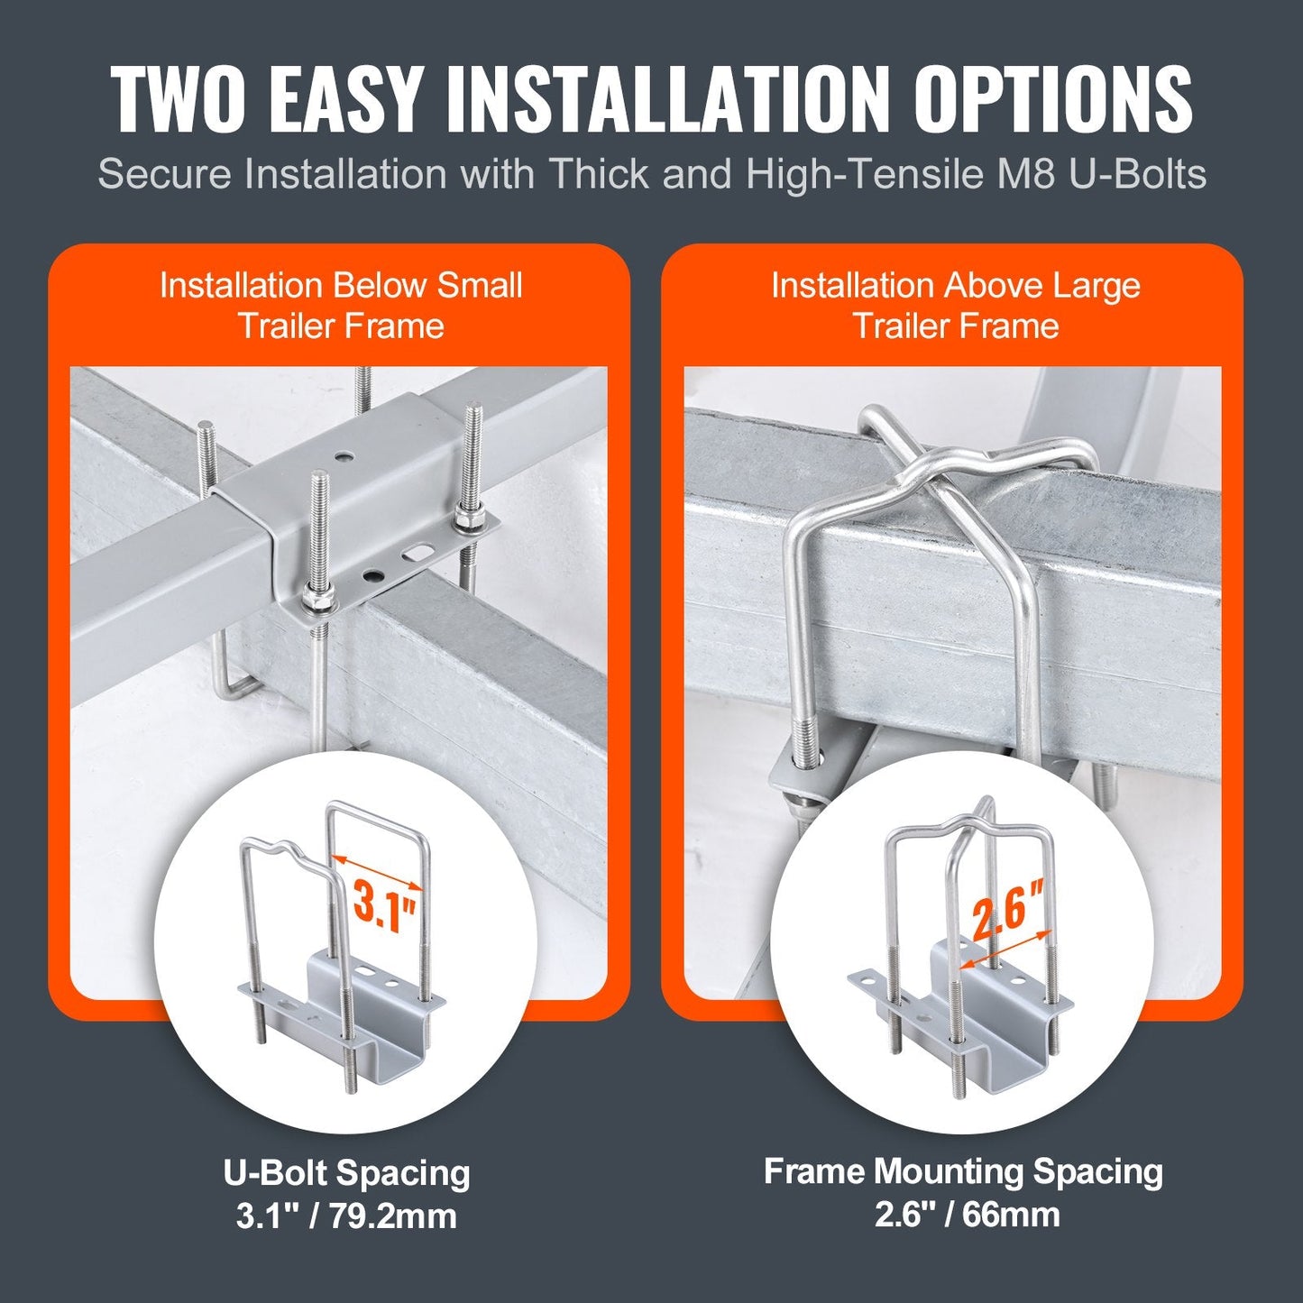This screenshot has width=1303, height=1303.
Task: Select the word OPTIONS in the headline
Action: pyautogui.click(x=1054, y=98)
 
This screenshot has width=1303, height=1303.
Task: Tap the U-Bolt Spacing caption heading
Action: pyautogui.click(x=346, y=1173)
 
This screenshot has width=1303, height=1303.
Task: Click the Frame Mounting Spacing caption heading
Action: pyautogui.click(x=963, y=1171)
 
